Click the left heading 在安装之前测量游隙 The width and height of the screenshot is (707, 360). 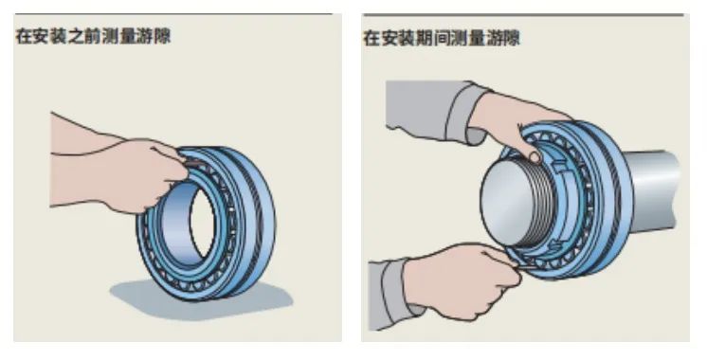coord(93,36)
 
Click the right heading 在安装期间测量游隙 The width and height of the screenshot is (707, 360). coord(442,38)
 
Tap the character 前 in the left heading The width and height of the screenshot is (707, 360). coord(93,36)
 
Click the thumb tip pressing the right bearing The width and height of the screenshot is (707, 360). coord(535,157)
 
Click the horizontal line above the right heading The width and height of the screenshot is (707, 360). coord(523,15)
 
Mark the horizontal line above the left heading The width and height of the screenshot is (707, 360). coord(173,14)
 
